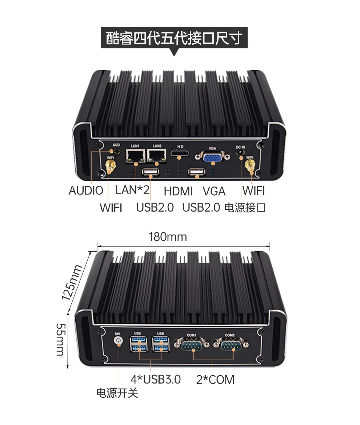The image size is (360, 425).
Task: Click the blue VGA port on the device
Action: tap(213, 157)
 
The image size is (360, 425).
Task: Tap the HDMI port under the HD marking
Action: tap(180, 156)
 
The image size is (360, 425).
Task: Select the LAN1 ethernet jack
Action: tap(135, 156)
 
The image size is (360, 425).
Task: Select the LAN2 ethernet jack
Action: tap(157, 156)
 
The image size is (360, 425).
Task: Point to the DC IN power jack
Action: tap(240, 155)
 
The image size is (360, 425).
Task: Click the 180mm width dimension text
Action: tap(168, 237)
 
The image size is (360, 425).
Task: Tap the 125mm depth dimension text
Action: tap(72, 282)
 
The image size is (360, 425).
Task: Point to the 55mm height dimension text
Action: tap(60, 339)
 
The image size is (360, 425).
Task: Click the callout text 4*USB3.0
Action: tap(156, 379)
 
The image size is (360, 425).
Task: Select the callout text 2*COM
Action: tap(215, 380)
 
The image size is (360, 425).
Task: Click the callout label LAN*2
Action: tap(132, 190)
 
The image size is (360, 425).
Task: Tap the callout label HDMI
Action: tap(178, 191)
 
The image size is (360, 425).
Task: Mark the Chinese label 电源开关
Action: tap(117, 393)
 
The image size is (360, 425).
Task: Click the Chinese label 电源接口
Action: tap(245, 208)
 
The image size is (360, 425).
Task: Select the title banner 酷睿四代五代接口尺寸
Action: tap(174, 38)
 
